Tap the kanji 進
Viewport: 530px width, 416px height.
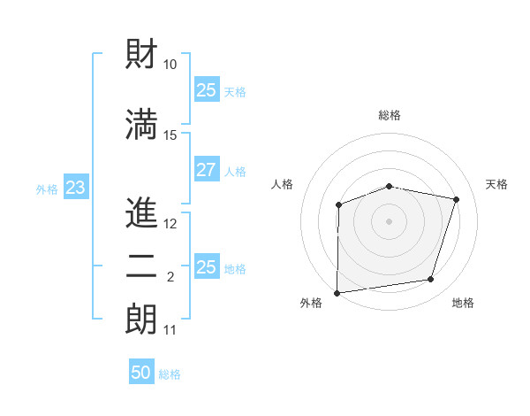[141, 212]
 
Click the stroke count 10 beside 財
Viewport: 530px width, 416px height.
[170, 64]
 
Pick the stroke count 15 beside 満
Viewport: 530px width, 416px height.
[170, 135]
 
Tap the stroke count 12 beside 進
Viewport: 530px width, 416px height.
[170, 224]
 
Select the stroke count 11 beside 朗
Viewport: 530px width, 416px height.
[170, 330]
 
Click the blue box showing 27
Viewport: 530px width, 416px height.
[206, 170]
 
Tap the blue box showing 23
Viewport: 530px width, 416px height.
[75, 188]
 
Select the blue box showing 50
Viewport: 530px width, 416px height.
[141, 373]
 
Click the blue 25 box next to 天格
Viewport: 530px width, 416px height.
[206, 90]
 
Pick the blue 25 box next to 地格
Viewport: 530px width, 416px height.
[206, 267]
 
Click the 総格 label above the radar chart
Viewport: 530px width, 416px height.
[390, 115]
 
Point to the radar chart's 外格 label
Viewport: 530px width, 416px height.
[311, 304]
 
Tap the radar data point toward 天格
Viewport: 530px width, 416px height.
[457, 199]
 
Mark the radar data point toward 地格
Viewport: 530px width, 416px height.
[431, 280]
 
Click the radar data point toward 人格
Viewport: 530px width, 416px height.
[338, 205]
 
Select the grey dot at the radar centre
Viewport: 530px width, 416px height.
[390, 221]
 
